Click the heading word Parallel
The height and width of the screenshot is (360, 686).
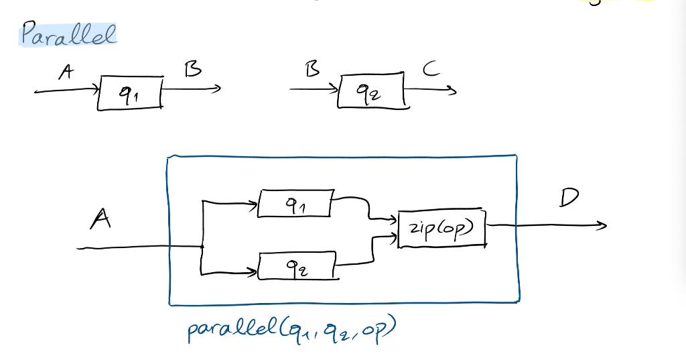point(68,33)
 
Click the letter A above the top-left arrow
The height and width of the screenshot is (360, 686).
point(66,72)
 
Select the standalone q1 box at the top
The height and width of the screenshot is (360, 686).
point(131,93)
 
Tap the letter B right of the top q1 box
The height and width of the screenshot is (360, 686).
point(193,69)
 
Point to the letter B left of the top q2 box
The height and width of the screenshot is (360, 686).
point(313,69)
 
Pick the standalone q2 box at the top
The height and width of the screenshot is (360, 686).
point(372,91)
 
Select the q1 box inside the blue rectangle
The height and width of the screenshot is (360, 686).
point(295,204)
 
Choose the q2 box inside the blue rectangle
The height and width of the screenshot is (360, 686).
point(296,267)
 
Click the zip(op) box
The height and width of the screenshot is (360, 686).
point(442,229)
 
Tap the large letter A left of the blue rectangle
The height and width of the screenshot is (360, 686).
point(101,219)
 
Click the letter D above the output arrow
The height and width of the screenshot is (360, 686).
point(569,198)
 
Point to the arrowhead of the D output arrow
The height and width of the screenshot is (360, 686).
point(603,226)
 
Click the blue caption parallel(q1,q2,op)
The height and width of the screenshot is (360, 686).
point(291,329)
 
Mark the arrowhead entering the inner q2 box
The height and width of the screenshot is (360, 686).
point(253,272)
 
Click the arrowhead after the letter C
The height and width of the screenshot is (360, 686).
point(454,92)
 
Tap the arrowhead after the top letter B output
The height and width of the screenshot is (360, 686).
point(216,88)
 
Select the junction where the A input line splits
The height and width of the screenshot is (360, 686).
point(202,247)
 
